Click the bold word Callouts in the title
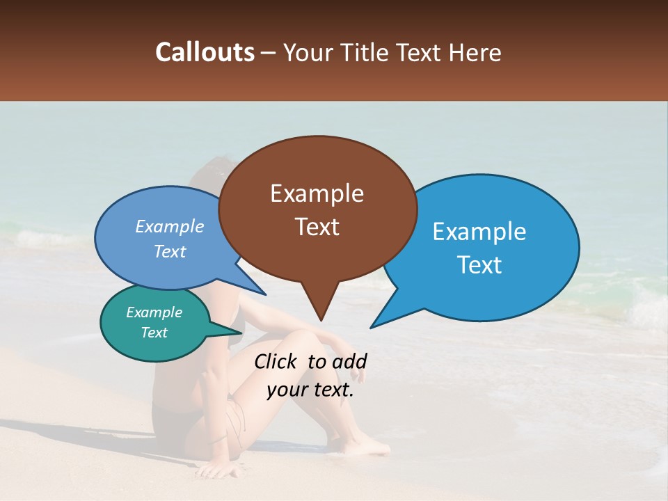pyautogui.click(x=205, y=52)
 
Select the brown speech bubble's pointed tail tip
pyautogui.click(x=321, y=320)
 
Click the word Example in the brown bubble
pyautogui.click(x=317, y=193)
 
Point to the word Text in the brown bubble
pyautogui.click(x=317, y=227)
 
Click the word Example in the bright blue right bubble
pyautogui.click(x=479, y=232)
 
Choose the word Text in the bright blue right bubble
pyautogui.click(x=479, y=265)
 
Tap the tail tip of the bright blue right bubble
pyautogui.click(x=371, y=327)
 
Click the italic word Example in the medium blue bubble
pyautogui.click(x=169, y=227)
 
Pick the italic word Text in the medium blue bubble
pyautogui.click(x=169, y=252)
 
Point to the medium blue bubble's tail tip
pyautogui.click(x=266, y=295)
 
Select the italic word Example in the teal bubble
pyautogui.click(x=154, y=312)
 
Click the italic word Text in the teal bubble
pyautogui.click(x=154, y=333)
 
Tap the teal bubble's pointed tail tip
pyautogui.click(x=243, y=332)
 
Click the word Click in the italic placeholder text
pyautogui.click(x=277, y=361)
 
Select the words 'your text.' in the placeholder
pyautogui.click(x=310, y=390)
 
